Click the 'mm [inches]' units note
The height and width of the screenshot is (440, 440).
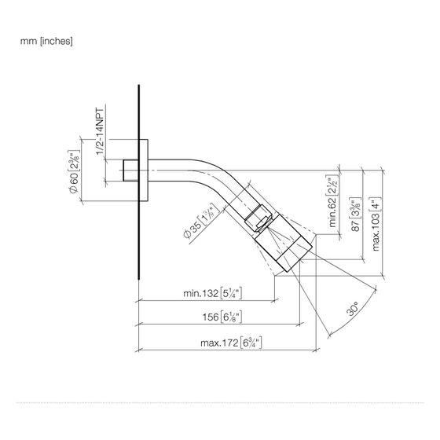[x=46, y=41]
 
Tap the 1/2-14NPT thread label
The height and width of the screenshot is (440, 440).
[x=100, y=131]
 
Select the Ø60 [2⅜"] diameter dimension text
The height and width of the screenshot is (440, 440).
[x=74, y=172]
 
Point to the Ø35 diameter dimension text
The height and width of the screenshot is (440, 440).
[x=201, y=221]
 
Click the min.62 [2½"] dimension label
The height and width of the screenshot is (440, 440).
[x=332, y=201]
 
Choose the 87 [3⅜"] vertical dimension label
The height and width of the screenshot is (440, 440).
[x=355, y=214]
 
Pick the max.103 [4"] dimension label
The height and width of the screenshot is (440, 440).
[x=376, y=224]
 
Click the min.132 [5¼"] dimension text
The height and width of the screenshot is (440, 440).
[x=212, y=294]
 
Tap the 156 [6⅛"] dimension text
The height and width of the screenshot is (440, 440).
[x=222, y=317]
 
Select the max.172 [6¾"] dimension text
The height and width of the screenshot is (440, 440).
[x=231, y=343]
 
